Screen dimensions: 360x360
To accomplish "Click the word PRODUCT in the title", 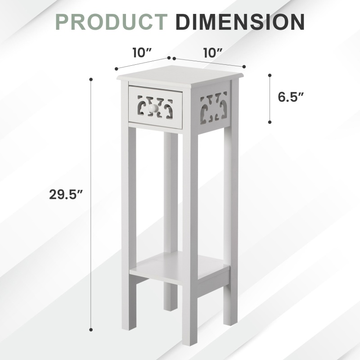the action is (112, 22).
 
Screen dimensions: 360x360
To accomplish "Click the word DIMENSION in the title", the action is (240, 22).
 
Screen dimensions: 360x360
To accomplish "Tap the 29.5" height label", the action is (66, 195).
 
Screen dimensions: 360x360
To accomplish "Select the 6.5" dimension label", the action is (291, 97).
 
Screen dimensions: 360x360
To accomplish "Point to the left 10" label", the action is (143, 53).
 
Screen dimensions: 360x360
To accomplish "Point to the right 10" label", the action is (213, 53).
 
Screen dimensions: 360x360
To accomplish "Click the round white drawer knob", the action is (153, 108).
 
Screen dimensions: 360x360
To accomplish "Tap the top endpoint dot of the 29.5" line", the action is (91, 80).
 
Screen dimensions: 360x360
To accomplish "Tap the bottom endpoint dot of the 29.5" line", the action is (91, 330).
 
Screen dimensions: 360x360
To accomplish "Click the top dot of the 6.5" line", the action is (270, 75).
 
